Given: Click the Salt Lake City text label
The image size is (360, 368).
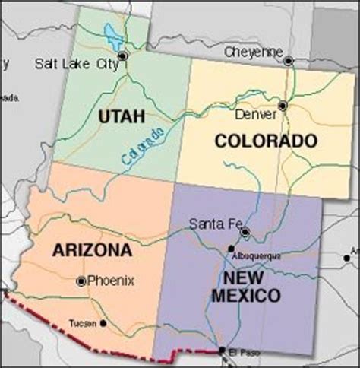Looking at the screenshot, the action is (x=75, y=64).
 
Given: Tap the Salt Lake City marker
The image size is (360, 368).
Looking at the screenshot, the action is (x=123, y=56).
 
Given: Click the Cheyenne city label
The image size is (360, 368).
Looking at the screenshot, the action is (x=254, y=52).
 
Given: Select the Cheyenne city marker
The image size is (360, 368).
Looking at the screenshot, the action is (x=288, y=61).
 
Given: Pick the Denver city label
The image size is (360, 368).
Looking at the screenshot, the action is (x=255, y=114).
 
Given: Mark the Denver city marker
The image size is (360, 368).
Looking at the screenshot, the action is (x=283, y=106).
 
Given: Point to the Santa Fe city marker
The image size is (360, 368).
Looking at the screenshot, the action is (x=245, y=232).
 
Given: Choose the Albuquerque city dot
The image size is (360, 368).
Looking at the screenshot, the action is (x=232, y=249).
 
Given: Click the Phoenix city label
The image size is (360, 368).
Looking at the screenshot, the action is (x=111, y=281).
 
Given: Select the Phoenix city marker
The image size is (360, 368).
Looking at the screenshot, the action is (x=81, y=281).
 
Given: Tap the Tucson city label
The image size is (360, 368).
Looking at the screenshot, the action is (x=83, y=323).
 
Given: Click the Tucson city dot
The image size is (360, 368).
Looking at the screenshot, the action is (x=103, y=323).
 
